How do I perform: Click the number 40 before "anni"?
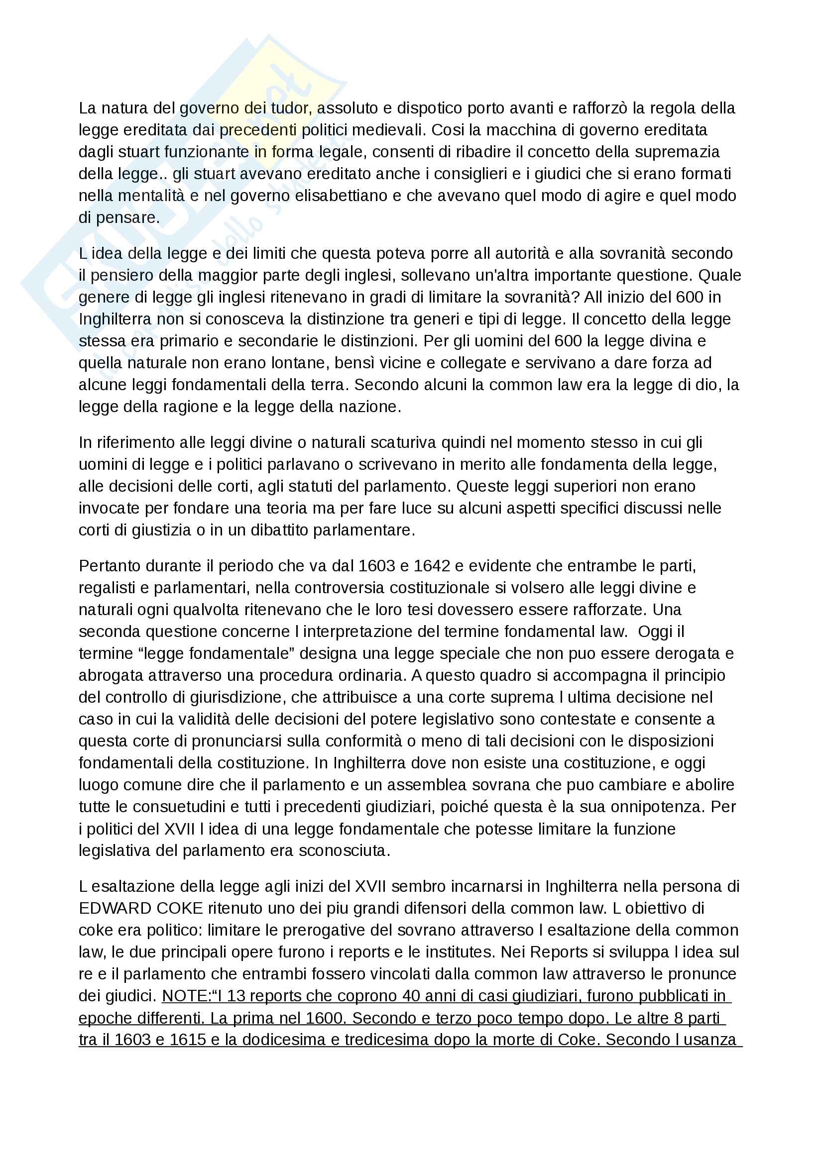pyautogui.click(x=411, y=996)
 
